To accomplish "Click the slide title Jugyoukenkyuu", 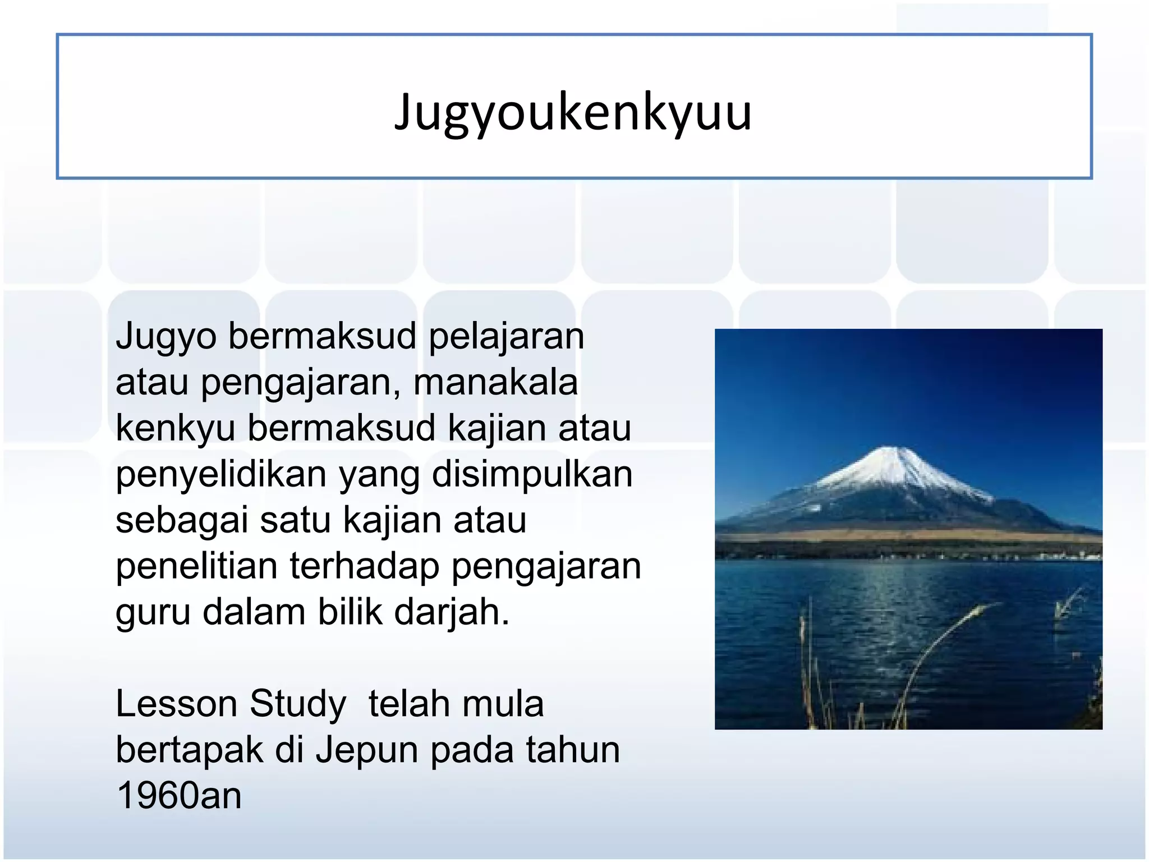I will pos(573,113).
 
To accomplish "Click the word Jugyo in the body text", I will pos(166,337).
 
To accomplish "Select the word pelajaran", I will pos(506,337).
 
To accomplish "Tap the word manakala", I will pos(495,383).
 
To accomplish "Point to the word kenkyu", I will pos(175,429).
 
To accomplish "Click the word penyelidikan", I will pos(221,475).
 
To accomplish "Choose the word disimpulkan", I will pos(532,475).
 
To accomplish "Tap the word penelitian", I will pos(196,567).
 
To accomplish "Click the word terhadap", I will pos(365,567).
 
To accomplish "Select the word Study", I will pos(298,705).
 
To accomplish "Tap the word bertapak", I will pos(189,751).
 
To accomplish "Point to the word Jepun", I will pos(366,751).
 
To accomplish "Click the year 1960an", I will pos(179,797).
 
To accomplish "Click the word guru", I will pos(153,613).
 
